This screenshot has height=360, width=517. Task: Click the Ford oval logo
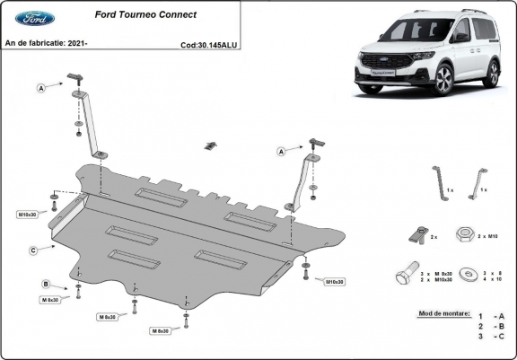click(34, 18)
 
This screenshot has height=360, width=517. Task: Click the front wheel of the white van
click(443, 82)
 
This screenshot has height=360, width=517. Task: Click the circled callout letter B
click(46, 285)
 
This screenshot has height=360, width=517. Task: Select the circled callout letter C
click(32, 250)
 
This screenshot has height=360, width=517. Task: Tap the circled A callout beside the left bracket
click(41, 88)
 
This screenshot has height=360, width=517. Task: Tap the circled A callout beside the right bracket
click(281, 152)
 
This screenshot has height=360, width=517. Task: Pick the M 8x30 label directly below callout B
click(48, 300)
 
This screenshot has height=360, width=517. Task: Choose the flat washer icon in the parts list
click(466, 275)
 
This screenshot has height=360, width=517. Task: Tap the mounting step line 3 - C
click(491, 337)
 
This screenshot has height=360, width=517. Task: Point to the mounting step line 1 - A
click(491, 316)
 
